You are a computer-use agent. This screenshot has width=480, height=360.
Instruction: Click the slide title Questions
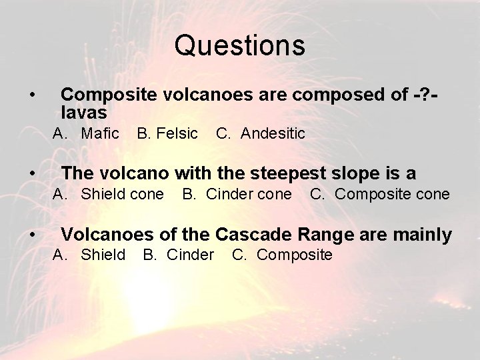240,46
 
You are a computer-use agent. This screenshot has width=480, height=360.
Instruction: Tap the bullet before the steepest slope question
33,174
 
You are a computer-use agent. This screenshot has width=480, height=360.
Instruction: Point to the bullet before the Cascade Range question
33,235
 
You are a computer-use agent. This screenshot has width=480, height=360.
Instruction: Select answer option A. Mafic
86,133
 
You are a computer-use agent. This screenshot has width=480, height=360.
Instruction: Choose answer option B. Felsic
167,133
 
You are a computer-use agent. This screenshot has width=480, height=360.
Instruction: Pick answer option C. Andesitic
260,133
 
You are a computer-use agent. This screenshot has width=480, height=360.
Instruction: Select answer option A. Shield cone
108,194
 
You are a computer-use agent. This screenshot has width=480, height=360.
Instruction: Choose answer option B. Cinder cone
237,194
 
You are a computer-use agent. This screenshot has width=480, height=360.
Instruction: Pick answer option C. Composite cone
379,194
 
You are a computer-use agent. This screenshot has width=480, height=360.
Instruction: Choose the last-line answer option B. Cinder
179,255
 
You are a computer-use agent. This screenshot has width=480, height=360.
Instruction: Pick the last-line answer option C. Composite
282,255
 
